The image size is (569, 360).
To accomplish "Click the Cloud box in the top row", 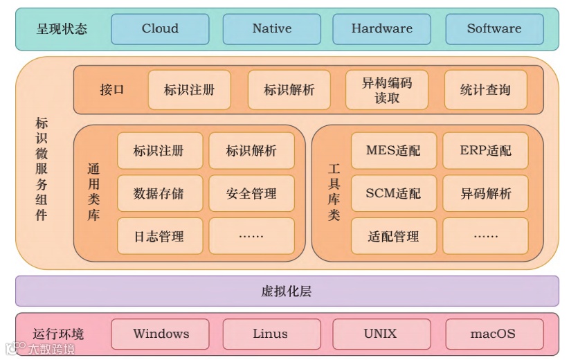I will tap(160, 29).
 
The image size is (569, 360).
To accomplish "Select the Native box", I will tap(271, 29).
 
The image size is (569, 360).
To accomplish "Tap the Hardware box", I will tap(381, 29).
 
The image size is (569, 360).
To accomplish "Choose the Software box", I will tap(494, 29).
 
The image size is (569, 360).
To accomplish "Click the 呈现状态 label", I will tap(62, 29).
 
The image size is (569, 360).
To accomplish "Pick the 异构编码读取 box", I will tap(387, 90).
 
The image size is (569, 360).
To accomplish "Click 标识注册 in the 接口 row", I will tap(189, 90).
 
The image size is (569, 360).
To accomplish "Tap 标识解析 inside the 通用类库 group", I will tap(251, 151).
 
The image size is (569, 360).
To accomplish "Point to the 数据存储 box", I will tap(159, 194).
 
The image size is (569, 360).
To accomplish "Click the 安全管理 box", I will tap(251, 194).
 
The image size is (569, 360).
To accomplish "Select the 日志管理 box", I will tap(159, 237).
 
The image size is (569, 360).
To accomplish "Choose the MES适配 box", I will tap(393, 151).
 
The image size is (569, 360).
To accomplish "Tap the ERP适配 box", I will tap(485, 151).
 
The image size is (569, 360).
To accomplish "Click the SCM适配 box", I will tap(393, 194).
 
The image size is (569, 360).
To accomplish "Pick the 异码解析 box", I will tap(485, 194).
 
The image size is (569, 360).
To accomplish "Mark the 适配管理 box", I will tap(393, 237).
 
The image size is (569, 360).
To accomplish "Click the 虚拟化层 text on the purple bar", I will tap(287, 291).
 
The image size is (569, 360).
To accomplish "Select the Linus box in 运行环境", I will tap(270, 334).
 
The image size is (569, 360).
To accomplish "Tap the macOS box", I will tap(493, 334).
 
